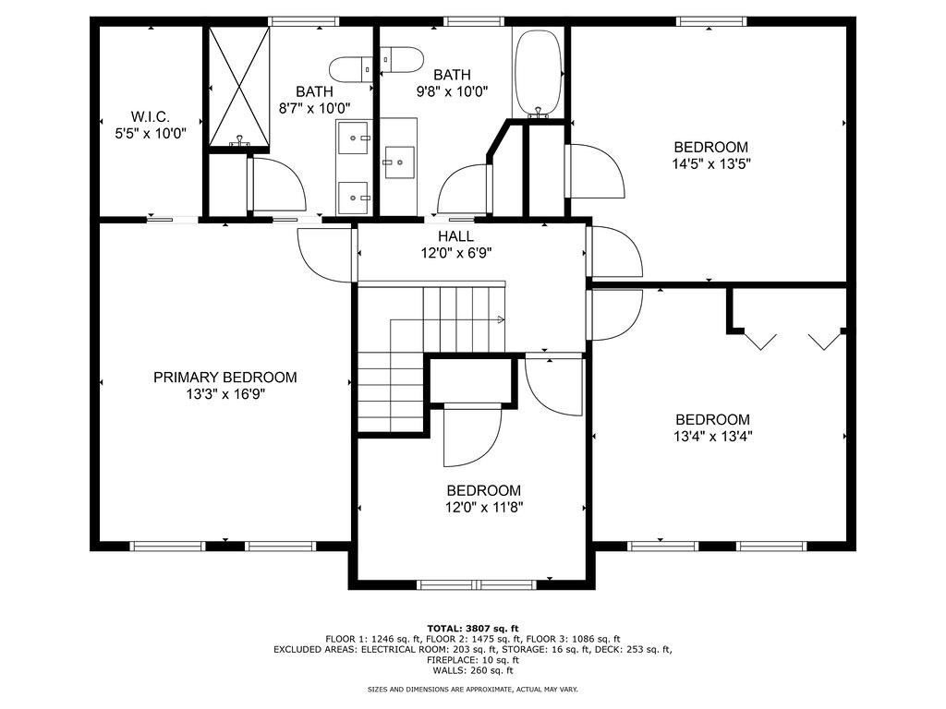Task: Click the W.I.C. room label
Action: [x=151, y=116]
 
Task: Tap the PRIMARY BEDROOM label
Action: [x=225, y=378]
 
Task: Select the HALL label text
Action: [x=456, y=236]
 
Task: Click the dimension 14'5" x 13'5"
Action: [x=711, y=163]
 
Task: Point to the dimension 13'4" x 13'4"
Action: [x=713, y=436]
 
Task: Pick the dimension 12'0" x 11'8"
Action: [x=484, y=507]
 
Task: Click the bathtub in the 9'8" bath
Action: [x=538, y=73]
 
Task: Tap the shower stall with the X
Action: [x=239, y=86]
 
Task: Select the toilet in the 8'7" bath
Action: [x=351, y=68]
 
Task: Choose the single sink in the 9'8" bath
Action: [x=399, y=162]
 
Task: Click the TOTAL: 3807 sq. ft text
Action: [x=473, y=628]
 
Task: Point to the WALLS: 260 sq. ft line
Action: [x=473, y=670]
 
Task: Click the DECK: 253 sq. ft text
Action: [x=633, y=650]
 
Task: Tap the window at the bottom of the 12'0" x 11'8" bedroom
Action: [x=477, y=584]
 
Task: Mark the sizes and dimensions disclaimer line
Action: [x=473, y=689]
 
